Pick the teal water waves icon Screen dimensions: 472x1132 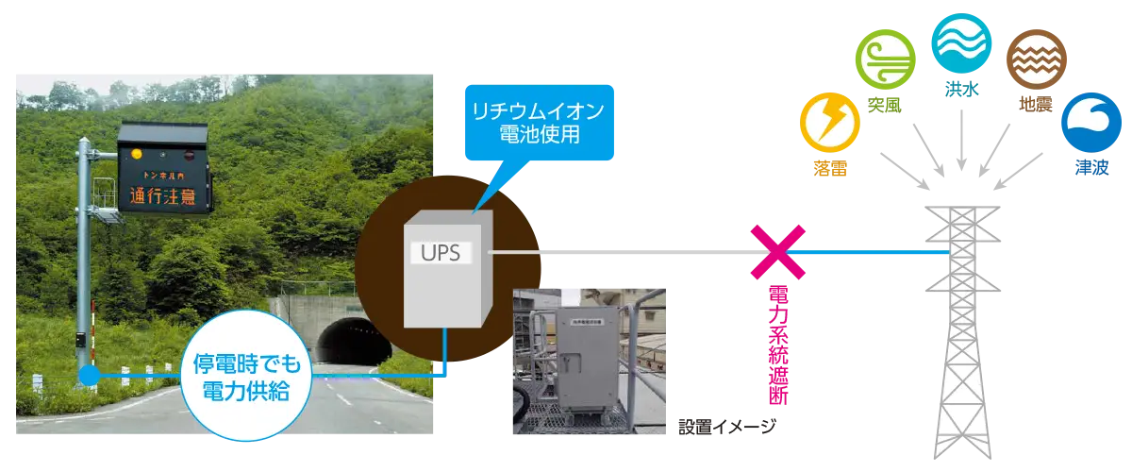959,41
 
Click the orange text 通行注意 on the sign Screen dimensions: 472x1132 164,196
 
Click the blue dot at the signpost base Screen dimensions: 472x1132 88,377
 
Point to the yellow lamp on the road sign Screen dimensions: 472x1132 137,152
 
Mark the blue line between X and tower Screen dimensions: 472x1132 868,252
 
